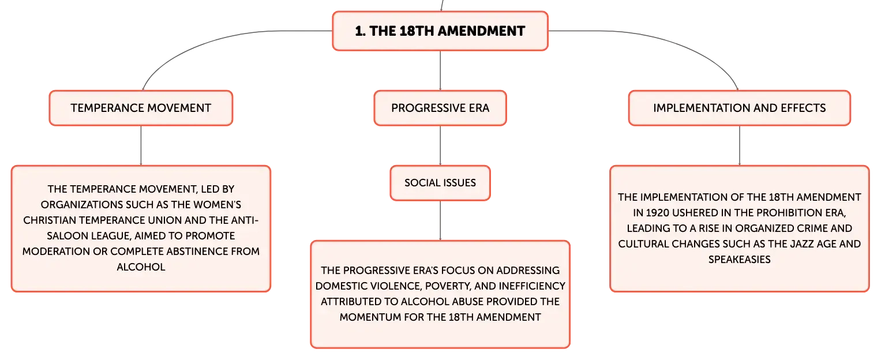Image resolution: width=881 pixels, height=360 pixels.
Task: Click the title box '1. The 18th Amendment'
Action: (x=440, y=31)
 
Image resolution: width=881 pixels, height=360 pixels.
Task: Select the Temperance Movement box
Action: (x=141, y=108)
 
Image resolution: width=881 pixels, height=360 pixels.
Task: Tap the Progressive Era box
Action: (x=440, y=108)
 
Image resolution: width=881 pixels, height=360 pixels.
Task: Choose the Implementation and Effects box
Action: (x=740, y=108)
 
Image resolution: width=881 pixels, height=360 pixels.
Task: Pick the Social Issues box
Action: (x=440, y=182)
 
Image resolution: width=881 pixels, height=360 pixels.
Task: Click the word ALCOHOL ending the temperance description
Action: (x=141, y=267)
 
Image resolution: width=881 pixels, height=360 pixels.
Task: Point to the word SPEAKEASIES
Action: (x=740, y=259)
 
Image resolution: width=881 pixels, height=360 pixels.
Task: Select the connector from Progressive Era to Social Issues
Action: (x=440, y=145)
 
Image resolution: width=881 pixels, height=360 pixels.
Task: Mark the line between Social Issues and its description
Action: (x=440, y=220)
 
